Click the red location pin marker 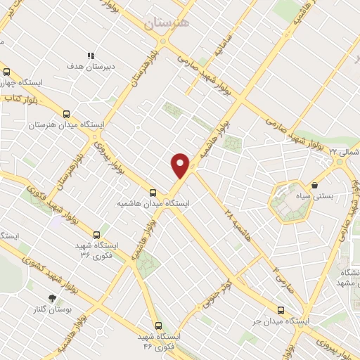pos(180,165)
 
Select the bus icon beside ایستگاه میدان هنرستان pos(67,114)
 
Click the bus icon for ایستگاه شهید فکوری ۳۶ pos(96,235)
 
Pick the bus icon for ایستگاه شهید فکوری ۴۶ pos(157,326)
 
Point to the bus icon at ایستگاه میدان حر pos(281,310)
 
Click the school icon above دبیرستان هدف pos(90,56)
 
